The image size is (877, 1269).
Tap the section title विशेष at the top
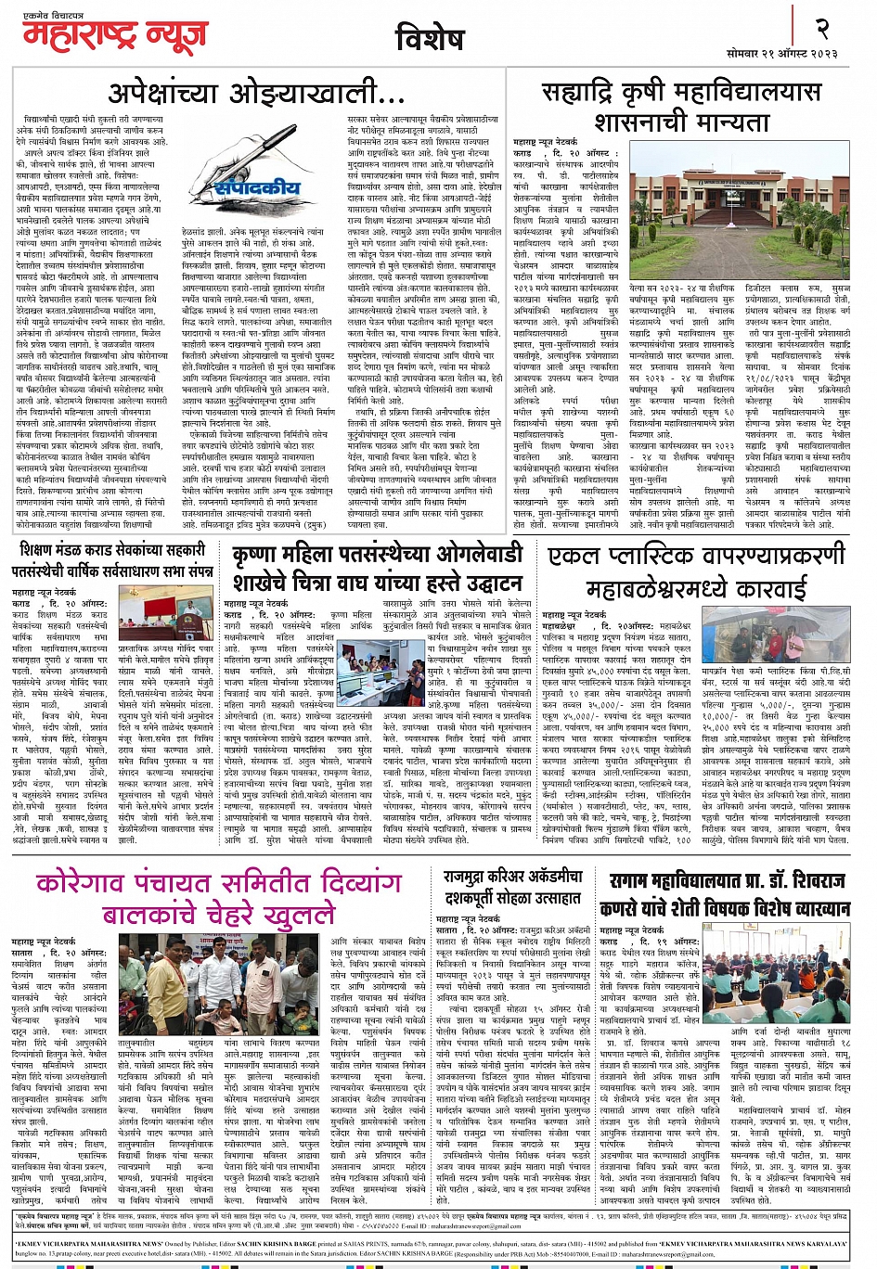[x=430, y=39]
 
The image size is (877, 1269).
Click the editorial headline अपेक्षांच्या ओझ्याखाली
[x=257, y=94]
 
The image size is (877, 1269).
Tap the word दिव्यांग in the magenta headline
[x=311, y=881]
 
